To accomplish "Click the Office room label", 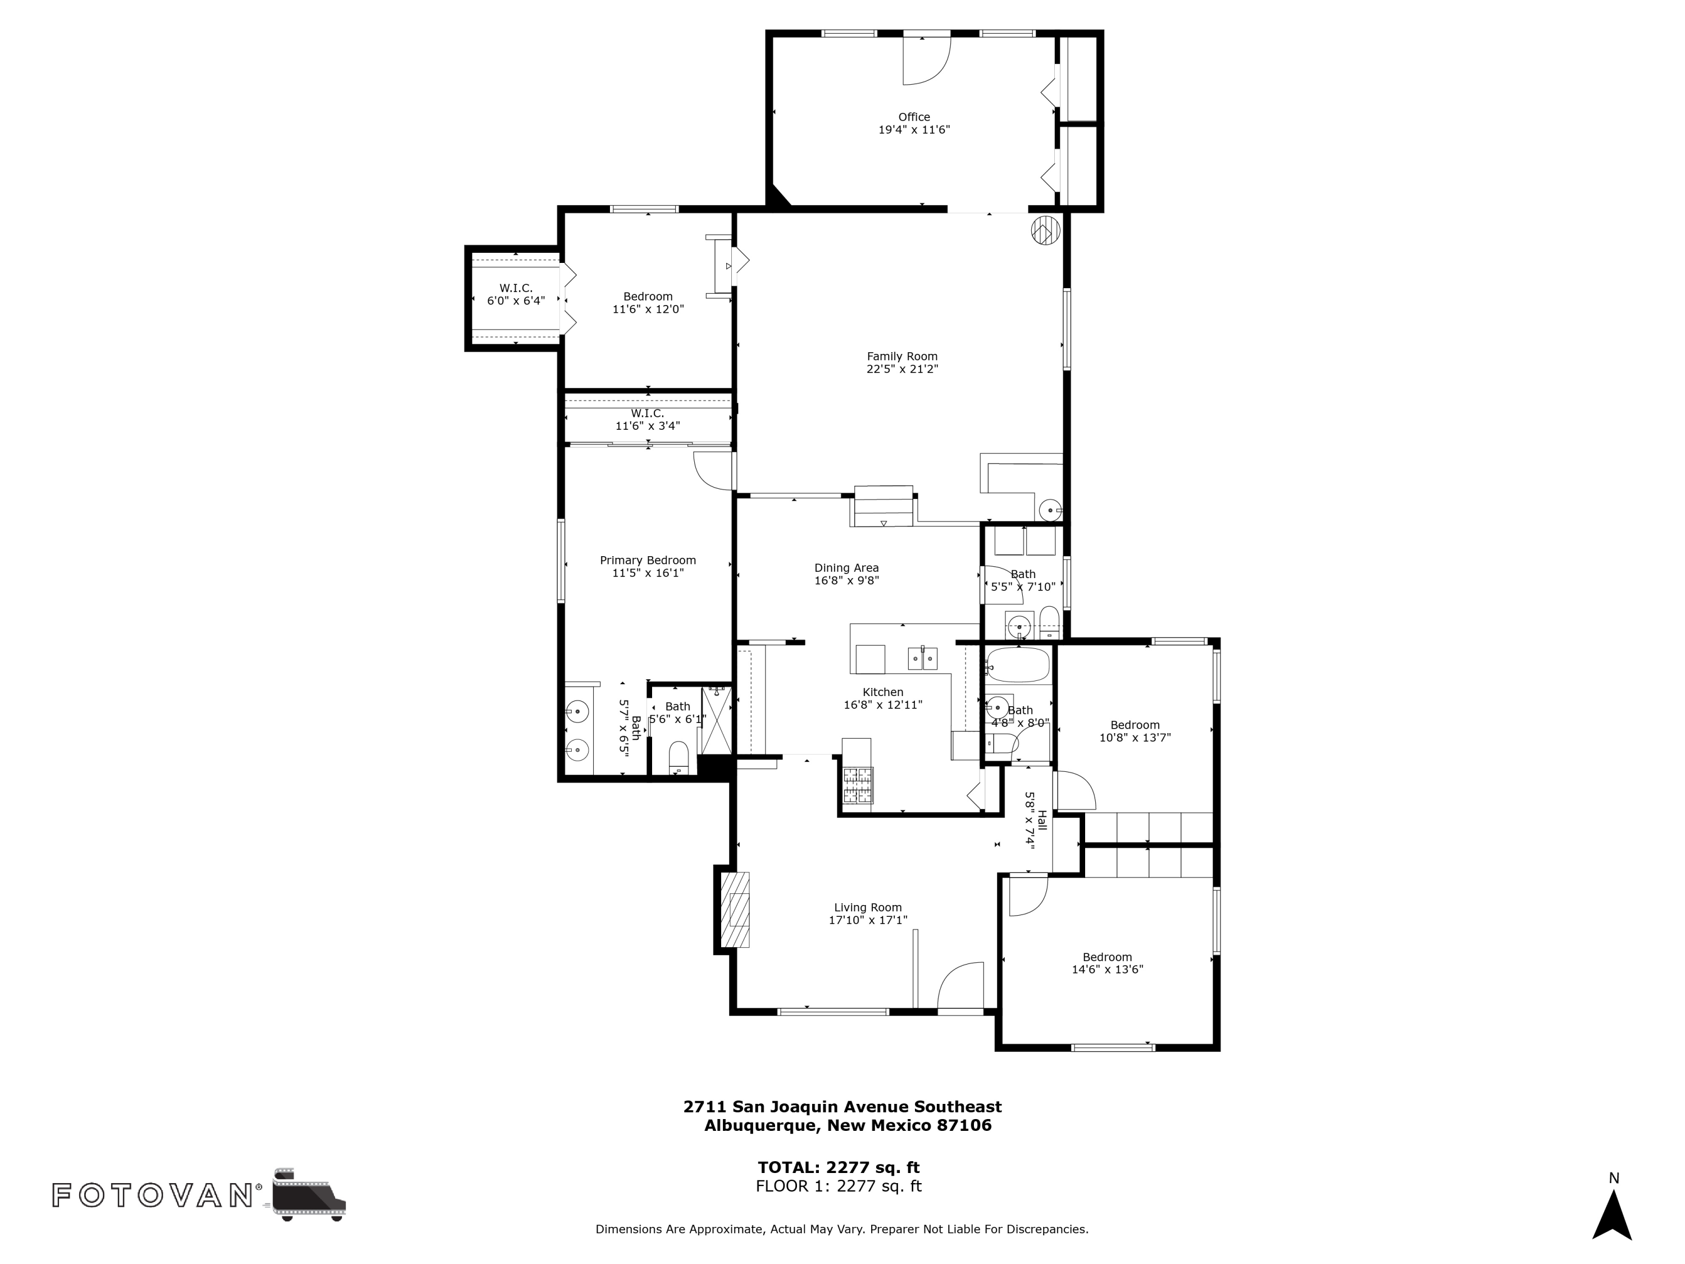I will [x=913, y=117].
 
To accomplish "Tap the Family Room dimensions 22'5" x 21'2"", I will [x=902, y=369].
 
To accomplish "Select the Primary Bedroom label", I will [x=648, y=560].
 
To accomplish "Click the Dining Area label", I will [x=846, y=567].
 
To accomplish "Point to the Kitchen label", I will [x=883, y=692].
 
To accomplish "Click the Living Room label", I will [x=868, y=907].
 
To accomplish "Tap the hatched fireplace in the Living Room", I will [x=736, y=910].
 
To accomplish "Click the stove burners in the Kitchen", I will [x=858, y=785].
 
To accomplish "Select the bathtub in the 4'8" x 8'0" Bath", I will [x=1018, y=665].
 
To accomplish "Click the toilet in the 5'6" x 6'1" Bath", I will [x=678, y=757].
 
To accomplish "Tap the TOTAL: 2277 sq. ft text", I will [x=838, y=1167].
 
